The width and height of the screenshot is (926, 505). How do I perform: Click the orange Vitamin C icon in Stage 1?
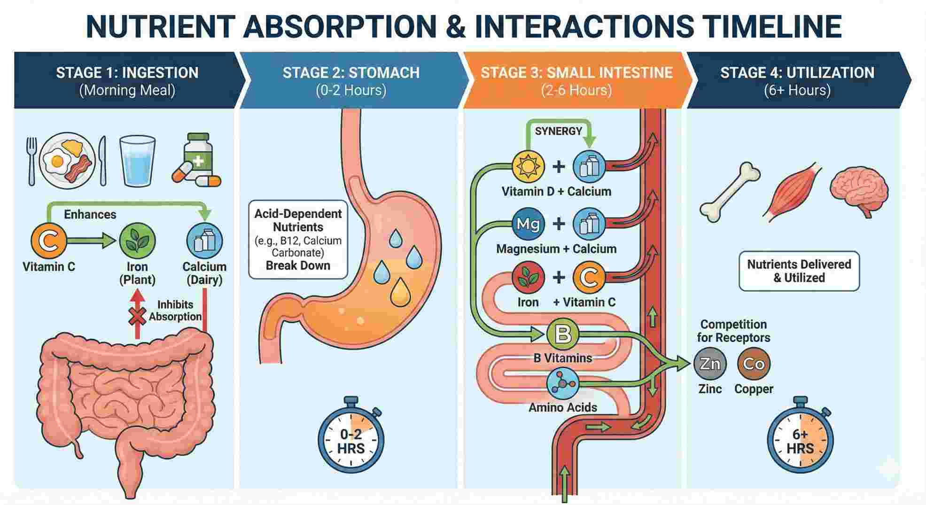(x=48, y=241)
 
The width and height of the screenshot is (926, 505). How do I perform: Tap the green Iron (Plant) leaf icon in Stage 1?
(x=137, y=241)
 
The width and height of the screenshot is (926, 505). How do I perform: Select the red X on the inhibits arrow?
(x=137, y=318)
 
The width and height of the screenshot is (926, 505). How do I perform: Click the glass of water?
(x=137, y=161)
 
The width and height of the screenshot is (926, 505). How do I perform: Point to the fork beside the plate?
(x=31, y=161)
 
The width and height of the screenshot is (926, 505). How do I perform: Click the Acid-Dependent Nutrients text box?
(x=298, y=240)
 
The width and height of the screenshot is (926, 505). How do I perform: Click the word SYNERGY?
(x=558, y=131)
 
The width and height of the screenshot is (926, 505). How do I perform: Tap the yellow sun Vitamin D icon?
(x=528, y=167)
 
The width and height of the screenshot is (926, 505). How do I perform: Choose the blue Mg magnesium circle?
(x=528, y=224)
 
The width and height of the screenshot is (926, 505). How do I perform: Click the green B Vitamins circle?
(x=563, y=334)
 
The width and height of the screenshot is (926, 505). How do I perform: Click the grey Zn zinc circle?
(x=709, y=364)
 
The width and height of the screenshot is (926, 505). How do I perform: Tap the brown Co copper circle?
(x=754, y=364)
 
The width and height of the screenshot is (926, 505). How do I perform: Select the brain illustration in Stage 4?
(x=858, y=190)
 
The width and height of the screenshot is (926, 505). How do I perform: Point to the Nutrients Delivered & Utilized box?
(x=799, y=271)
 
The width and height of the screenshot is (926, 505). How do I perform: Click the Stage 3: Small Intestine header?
(x=576, y=80)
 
